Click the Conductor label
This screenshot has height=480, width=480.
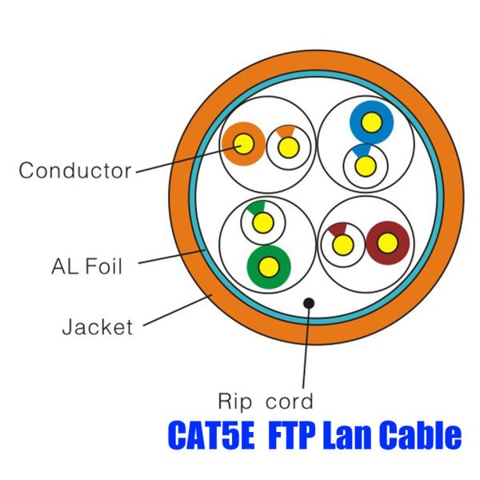click(74, 170)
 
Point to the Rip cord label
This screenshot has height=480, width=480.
click(266, 400)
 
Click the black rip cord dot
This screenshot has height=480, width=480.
click(308, 303)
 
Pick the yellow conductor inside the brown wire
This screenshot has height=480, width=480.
click(389, 242)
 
